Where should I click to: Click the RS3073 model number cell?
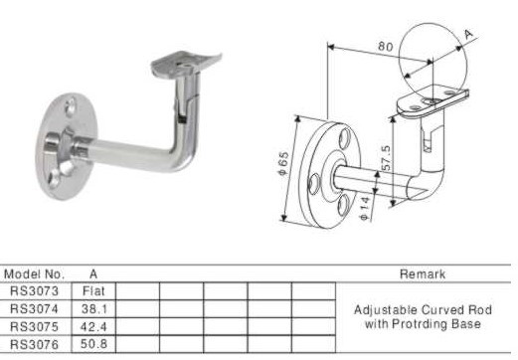pyautogui.click(x=34, y=291)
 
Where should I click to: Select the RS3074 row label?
pyautogui.click(x=34, y=309)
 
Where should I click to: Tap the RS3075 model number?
pyautogui.click(x=34, y=327)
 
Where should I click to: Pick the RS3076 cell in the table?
pyautogui.click(x=34, y=345)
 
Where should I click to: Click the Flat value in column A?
pyautogui.click(x=93, y=291)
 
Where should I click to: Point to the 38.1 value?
pyautogui.click(x=94, y=309)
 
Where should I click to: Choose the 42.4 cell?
pyautogui.click(x=93, y=327)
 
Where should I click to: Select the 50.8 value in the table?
pyautogui.click(x=93, y=344)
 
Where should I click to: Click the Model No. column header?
pyautogui.click(x=34, y=274)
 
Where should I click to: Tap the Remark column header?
pyautogui.click(x=423, y=274)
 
